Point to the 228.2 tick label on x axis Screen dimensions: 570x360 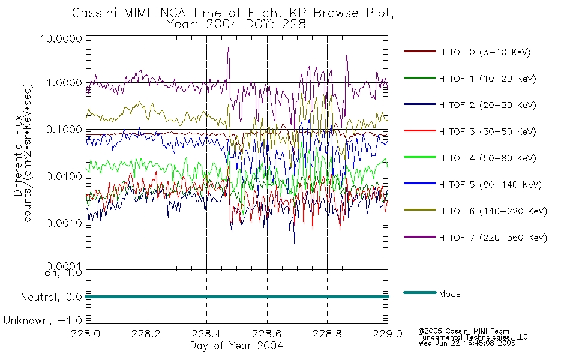click(x=146, y=334)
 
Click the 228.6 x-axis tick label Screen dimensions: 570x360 click(x=267, y=334)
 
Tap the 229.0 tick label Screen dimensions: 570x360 click(x=388, y=334)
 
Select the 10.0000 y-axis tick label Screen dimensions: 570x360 click(x=61, y=38)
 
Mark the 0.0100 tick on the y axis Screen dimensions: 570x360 click(x=64, y=176)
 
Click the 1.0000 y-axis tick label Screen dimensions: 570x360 click(x=64, y=83)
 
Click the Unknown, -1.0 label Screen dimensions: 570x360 click(x=43, y=321)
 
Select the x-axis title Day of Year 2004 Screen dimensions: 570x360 click(x=236, y=346)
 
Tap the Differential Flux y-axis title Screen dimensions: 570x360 click(x=18, y=157)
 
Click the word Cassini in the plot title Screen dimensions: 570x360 click(x=95, y=13)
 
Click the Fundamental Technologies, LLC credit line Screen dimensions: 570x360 click(x=473, y=337)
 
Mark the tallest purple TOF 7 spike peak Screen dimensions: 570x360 click(x=228, y=47)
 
